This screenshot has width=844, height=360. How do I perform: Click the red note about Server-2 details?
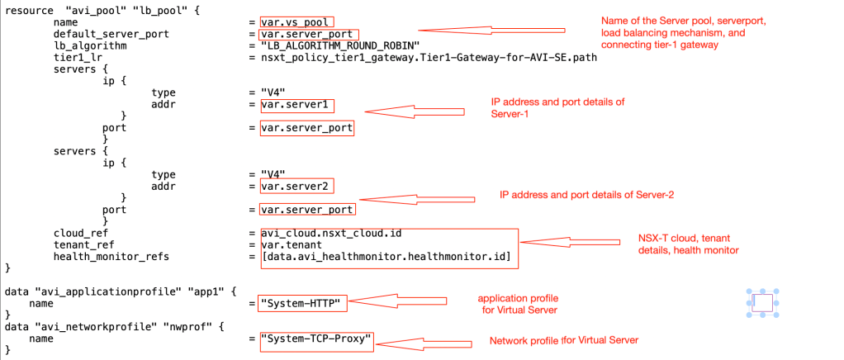click(588, 194)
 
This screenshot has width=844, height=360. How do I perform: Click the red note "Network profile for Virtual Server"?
click(564, 340)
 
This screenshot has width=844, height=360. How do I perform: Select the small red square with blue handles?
click(761, 303)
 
